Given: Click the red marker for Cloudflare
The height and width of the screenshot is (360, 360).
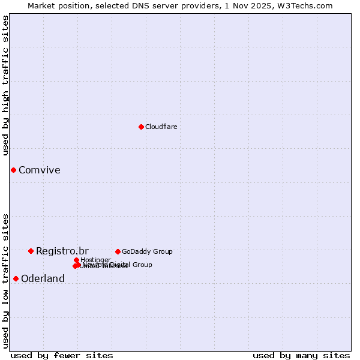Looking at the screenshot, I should (x=141, y=127).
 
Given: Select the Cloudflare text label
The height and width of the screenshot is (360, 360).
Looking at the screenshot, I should (x=161, y=127).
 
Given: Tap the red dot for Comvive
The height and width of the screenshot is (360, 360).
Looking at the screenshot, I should (x=13, y=170).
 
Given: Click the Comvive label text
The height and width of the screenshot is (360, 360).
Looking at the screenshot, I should (x=39, y=170).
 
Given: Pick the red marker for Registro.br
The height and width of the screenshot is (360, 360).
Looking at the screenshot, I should (x=31, y=251).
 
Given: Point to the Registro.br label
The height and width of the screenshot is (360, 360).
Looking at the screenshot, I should (x=62, y=251).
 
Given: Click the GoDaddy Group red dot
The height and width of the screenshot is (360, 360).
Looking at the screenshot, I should (x=118, y=251).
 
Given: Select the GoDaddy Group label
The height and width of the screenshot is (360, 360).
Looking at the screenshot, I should (x=147, y=251).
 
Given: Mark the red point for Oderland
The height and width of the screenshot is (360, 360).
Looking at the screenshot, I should (x=16, y=278).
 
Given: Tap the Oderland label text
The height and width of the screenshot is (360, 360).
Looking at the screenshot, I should (x=43, y=278).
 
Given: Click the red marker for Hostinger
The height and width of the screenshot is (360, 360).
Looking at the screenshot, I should (x=76, y=260).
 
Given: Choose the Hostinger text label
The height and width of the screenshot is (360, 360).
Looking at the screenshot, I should (x=95, y=260).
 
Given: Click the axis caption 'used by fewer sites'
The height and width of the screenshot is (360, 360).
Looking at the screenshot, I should (x=62, y=355).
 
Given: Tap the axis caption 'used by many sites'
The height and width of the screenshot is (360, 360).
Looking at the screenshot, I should (x=301, y=355).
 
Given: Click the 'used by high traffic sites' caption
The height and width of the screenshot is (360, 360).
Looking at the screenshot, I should (x=5, y=85).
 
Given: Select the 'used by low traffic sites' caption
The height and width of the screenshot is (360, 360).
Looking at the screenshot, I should (x=5, y=280).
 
